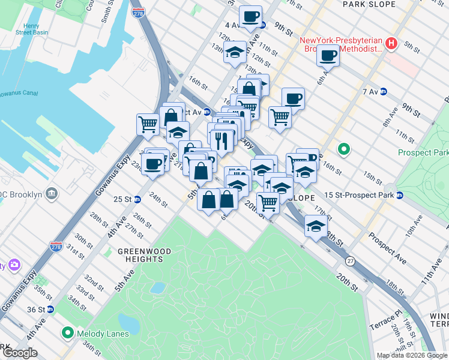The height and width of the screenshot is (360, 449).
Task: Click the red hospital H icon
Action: pos(391,43)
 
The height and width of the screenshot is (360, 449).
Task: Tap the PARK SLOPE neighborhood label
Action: pos(369,4)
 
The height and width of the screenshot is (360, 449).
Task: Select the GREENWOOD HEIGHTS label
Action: pos(144,255)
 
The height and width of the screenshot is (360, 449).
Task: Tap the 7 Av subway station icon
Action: pos(383,92)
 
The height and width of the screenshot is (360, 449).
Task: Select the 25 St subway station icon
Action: pos(137,199)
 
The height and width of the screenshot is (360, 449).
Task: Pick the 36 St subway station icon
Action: pos(50,310)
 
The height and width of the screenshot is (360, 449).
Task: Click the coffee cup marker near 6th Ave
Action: pos(328,56)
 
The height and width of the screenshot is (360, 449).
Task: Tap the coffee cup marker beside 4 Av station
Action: pos(250,16)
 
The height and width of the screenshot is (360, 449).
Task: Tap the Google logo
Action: pos(20,353)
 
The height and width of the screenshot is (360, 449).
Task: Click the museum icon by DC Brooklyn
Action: pos(52,194)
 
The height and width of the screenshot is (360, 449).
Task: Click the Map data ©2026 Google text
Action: pos(411,355)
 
